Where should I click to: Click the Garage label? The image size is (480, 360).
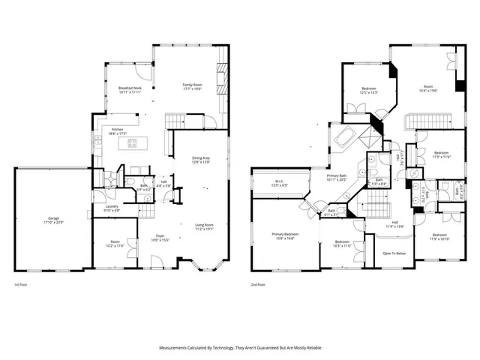pos(50,220)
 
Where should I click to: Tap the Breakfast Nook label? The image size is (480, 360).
pos(130,89)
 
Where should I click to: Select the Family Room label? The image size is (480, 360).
pos(193,87)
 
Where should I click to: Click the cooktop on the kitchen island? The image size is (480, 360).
pos(132,142)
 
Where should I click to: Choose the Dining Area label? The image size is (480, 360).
pos(201,160)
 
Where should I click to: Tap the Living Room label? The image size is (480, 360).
pos(205,226)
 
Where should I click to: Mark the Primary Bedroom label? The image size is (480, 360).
pos(283,236)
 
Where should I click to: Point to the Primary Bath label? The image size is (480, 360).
pos(337,177)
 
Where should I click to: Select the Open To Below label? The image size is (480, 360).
pos(394,253)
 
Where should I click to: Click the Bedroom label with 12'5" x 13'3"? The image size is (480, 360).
pos(368,91)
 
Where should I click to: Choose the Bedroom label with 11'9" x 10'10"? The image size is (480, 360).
pos(439,236)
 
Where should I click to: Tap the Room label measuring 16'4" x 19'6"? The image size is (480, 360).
pos(428,88)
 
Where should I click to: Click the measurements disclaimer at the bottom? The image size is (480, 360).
pos(240,348)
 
